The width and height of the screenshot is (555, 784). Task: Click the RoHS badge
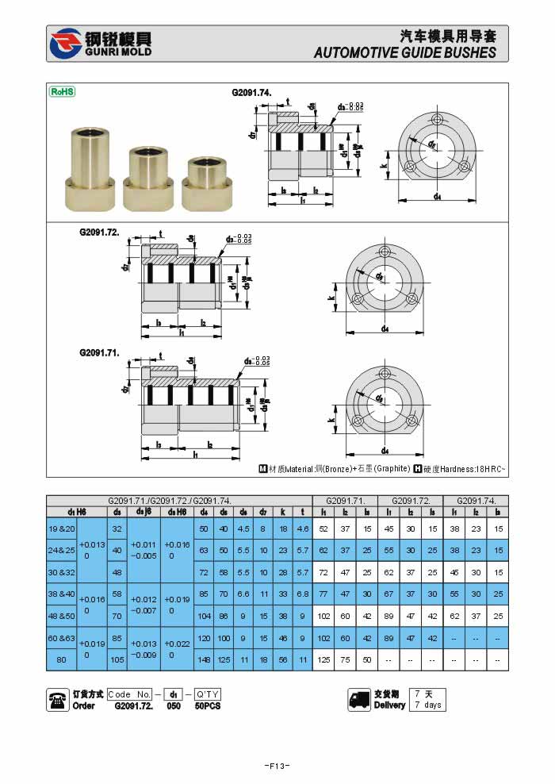coord(63,91)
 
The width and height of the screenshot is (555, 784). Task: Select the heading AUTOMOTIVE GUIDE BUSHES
coord(404,52)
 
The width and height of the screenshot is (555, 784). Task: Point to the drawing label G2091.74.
coord(251,93)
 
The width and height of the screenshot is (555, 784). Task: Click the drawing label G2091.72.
coord(99,233)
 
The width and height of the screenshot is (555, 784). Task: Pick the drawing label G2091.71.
coord(99,352)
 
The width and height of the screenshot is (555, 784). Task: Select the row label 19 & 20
coord(61,528)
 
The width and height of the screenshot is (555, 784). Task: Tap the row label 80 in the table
coord(61,659)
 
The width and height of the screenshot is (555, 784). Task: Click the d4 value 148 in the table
coord(204,659)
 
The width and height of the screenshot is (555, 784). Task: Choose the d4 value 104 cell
coord(204,616)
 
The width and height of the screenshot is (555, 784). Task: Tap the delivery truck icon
coord(359,699)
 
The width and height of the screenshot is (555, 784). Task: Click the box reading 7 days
coord(427,705)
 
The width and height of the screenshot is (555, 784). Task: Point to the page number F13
coord(277,766)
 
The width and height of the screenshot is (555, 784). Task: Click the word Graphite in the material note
coord(392,469)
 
